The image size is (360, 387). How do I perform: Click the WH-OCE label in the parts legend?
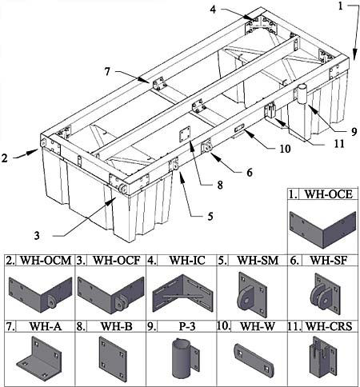coord(328,194)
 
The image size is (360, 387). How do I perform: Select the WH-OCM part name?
coord(46,261)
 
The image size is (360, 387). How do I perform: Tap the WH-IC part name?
coord(187,261)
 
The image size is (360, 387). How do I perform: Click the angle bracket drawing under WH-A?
coord(39,358)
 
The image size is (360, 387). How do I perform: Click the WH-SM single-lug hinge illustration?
coord(252,295)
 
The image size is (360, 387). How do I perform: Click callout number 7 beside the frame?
coord(107,71)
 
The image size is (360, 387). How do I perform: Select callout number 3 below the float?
coord(37,235)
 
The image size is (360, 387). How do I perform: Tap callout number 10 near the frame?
coord(285,149)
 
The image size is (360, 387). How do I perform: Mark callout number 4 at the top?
coord(213,10)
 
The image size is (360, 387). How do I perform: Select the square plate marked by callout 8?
coord(184,134)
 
